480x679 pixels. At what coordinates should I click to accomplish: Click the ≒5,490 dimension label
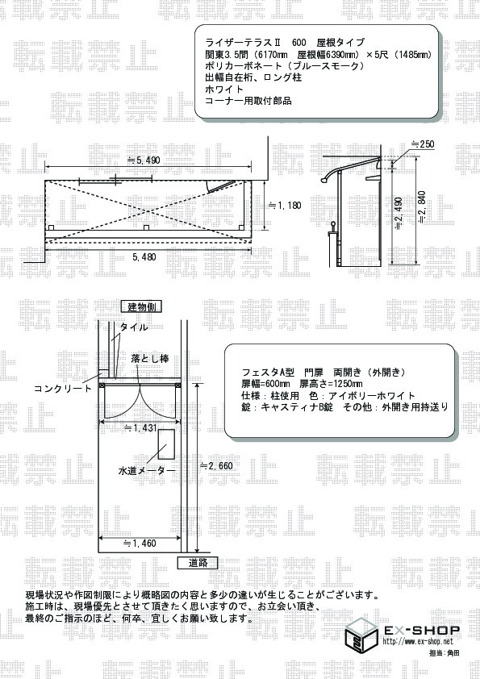coord(144,160)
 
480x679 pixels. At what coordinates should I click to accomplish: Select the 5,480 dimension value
coord(144,256)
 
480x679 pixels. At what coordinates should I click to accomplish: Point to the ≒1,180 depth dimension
coord(285,206)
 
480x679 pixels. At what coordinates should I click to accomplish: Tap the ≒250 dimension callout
coord(422,144)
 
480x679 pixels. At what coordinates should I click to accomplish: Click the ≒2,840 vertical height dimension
coord(422,207)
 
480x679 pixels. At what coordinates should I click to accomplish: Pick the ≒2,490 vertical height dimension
coord(399,214)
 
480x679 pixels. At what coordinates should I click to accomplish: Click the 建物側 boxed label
coord(141,307)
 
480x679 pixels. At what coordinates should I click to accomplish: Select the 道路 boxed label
coord(198,563)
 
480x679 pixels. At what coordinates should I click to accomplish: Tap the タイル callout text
coord(133,327)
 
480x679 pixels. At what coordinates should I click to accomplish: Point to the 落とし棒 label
coord(150,359)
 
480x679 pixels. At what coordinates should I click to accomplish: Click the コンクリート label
coord(63,389)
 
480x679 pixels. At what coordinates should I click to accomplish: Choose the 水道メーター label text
coord(147,470)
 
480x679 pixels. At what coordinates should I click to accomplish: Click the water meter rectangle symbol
coord(166,444)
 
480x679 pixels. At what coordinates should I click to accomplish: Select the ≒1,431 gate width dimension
coord(140,428)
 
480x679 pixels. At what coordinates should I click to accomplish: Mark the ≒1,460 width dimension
coord(140,543)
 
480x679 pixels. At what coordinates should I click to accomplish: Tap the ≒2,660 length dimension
coord(216,466)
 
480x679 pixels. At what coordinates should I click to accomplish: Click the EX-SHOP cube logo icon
coord(361,633)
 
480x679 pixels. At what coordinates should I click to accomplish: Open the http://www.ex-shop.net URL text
coord(418,641)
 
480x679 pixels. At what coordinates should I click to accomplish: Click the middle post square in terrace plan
coord(147,227)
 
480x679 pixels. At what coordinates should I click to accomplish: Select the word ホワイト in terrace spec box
coord(224,90)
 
